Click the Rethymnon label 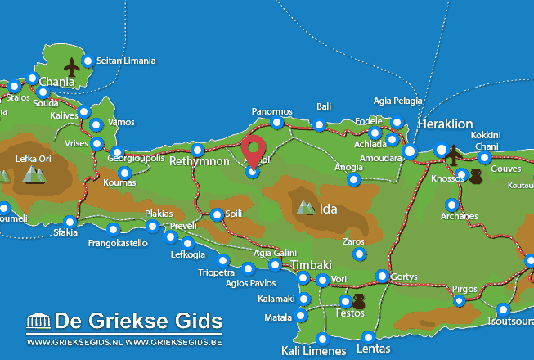[200, 162]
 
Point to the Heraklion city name [445, 124]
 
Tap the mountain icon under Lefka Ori [34, 173]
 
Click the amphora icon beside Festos [359, 301]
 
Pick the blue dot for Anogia [353, 179]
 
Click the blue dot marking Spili [217, 214]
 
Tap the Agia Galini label [275, 253]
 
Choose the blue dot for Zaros [359, 254]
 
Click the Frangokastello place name [118, 243]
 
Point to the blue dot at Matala [302, 316]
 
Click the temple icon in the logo [38, 321]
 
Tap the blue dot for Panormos [277, 123]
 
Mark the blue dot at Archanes [451, 205]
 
